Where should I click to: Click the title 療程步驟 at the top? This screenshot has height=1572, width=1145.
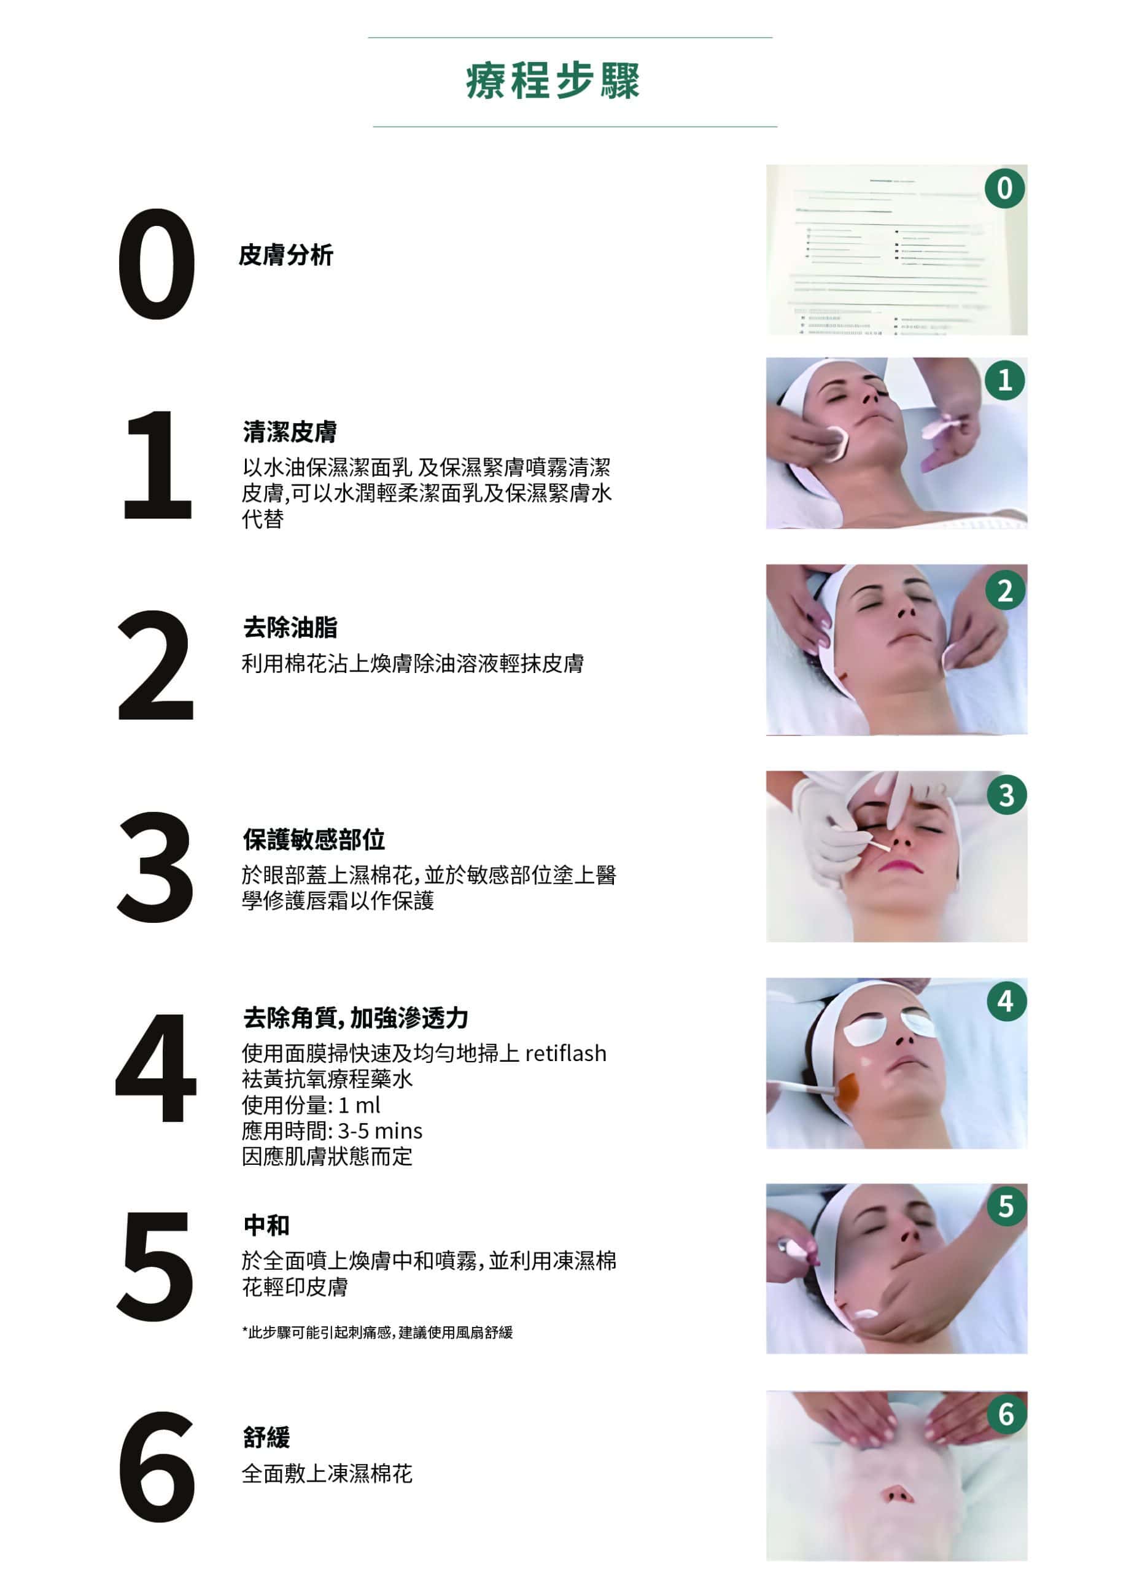pyautogui.click(x=553, y=81)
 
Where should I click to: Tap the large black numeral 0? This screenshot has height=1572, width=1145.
pyautogui.click(x=157, y=264)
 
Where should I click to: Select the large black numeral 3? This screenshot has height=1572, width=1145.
pyautogui.click(x=155, y=867)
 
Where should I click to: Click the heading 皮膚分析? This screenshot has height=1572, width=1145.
pyautogui.click(x=285, y=255)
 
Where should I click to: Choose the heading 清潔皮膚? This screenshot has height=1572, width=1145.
pyautogui.click(x=290, y=432)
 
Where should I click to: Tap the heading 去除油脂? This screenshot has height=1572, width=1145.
pyautogui.click(x=290, y=628)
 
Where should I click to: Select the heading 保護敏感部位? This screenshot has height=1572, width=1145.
pyautogui.click(x=313, y=839)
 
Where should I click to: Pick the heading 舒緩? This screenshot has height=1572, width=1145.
pyautogui.click(x=266, y=1437)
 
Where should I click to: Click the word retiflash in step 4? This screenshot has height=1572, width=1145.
pyautogui.click(x=565, y=1054)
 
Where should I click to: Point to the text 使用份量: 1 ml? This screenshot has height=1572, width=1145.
pyautogui.click(x=311, y=1105)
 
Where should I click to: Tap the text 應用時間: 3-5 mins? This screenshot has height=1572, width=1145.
pyautogui.click(x=332, y=1130)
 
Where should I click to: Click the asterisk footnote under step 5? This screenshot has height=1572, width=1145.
pyautogui.click(x=377, y=1332)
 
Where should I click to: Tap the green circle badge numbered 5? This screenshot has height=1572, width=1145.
pyautogui.click(x=1006, y=1207)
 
